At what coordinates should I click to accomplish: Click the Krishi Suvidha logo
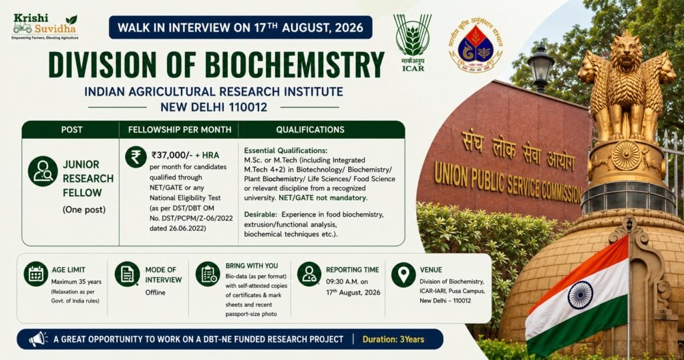click(45, 27)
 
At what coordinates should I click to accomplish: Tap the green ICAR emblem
click(412, 42)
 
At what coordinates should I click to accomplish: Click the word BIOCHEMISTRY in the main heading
click(295, 65)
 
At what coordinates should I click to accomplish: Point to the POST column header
click(71, 130)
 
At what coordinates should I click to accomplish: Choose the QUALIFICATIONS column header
click(310, 130)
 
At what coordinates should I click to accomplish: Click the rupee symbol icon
click(136, 157)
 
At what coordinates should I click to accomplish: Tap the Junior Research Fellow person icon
click(43, 171)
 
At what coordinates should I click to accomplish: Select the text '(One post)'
click(84, 210)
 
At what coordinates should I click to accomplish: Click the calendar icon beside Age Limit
click(36, 274)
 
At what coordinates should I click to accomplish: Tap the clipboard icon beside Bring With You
click(208, 274)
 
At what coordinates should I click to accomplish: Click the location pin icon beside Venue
click(403, 275)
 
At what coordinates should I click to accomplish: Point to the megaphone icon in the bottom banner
click(38, 339)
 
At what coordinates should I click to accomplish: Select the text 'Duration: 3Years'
click(393, 339)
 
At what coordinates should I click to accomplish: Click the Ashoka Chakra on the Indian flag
click(580, 295)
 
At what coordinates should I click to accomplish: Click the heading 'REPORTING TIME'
click(353, 270)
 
